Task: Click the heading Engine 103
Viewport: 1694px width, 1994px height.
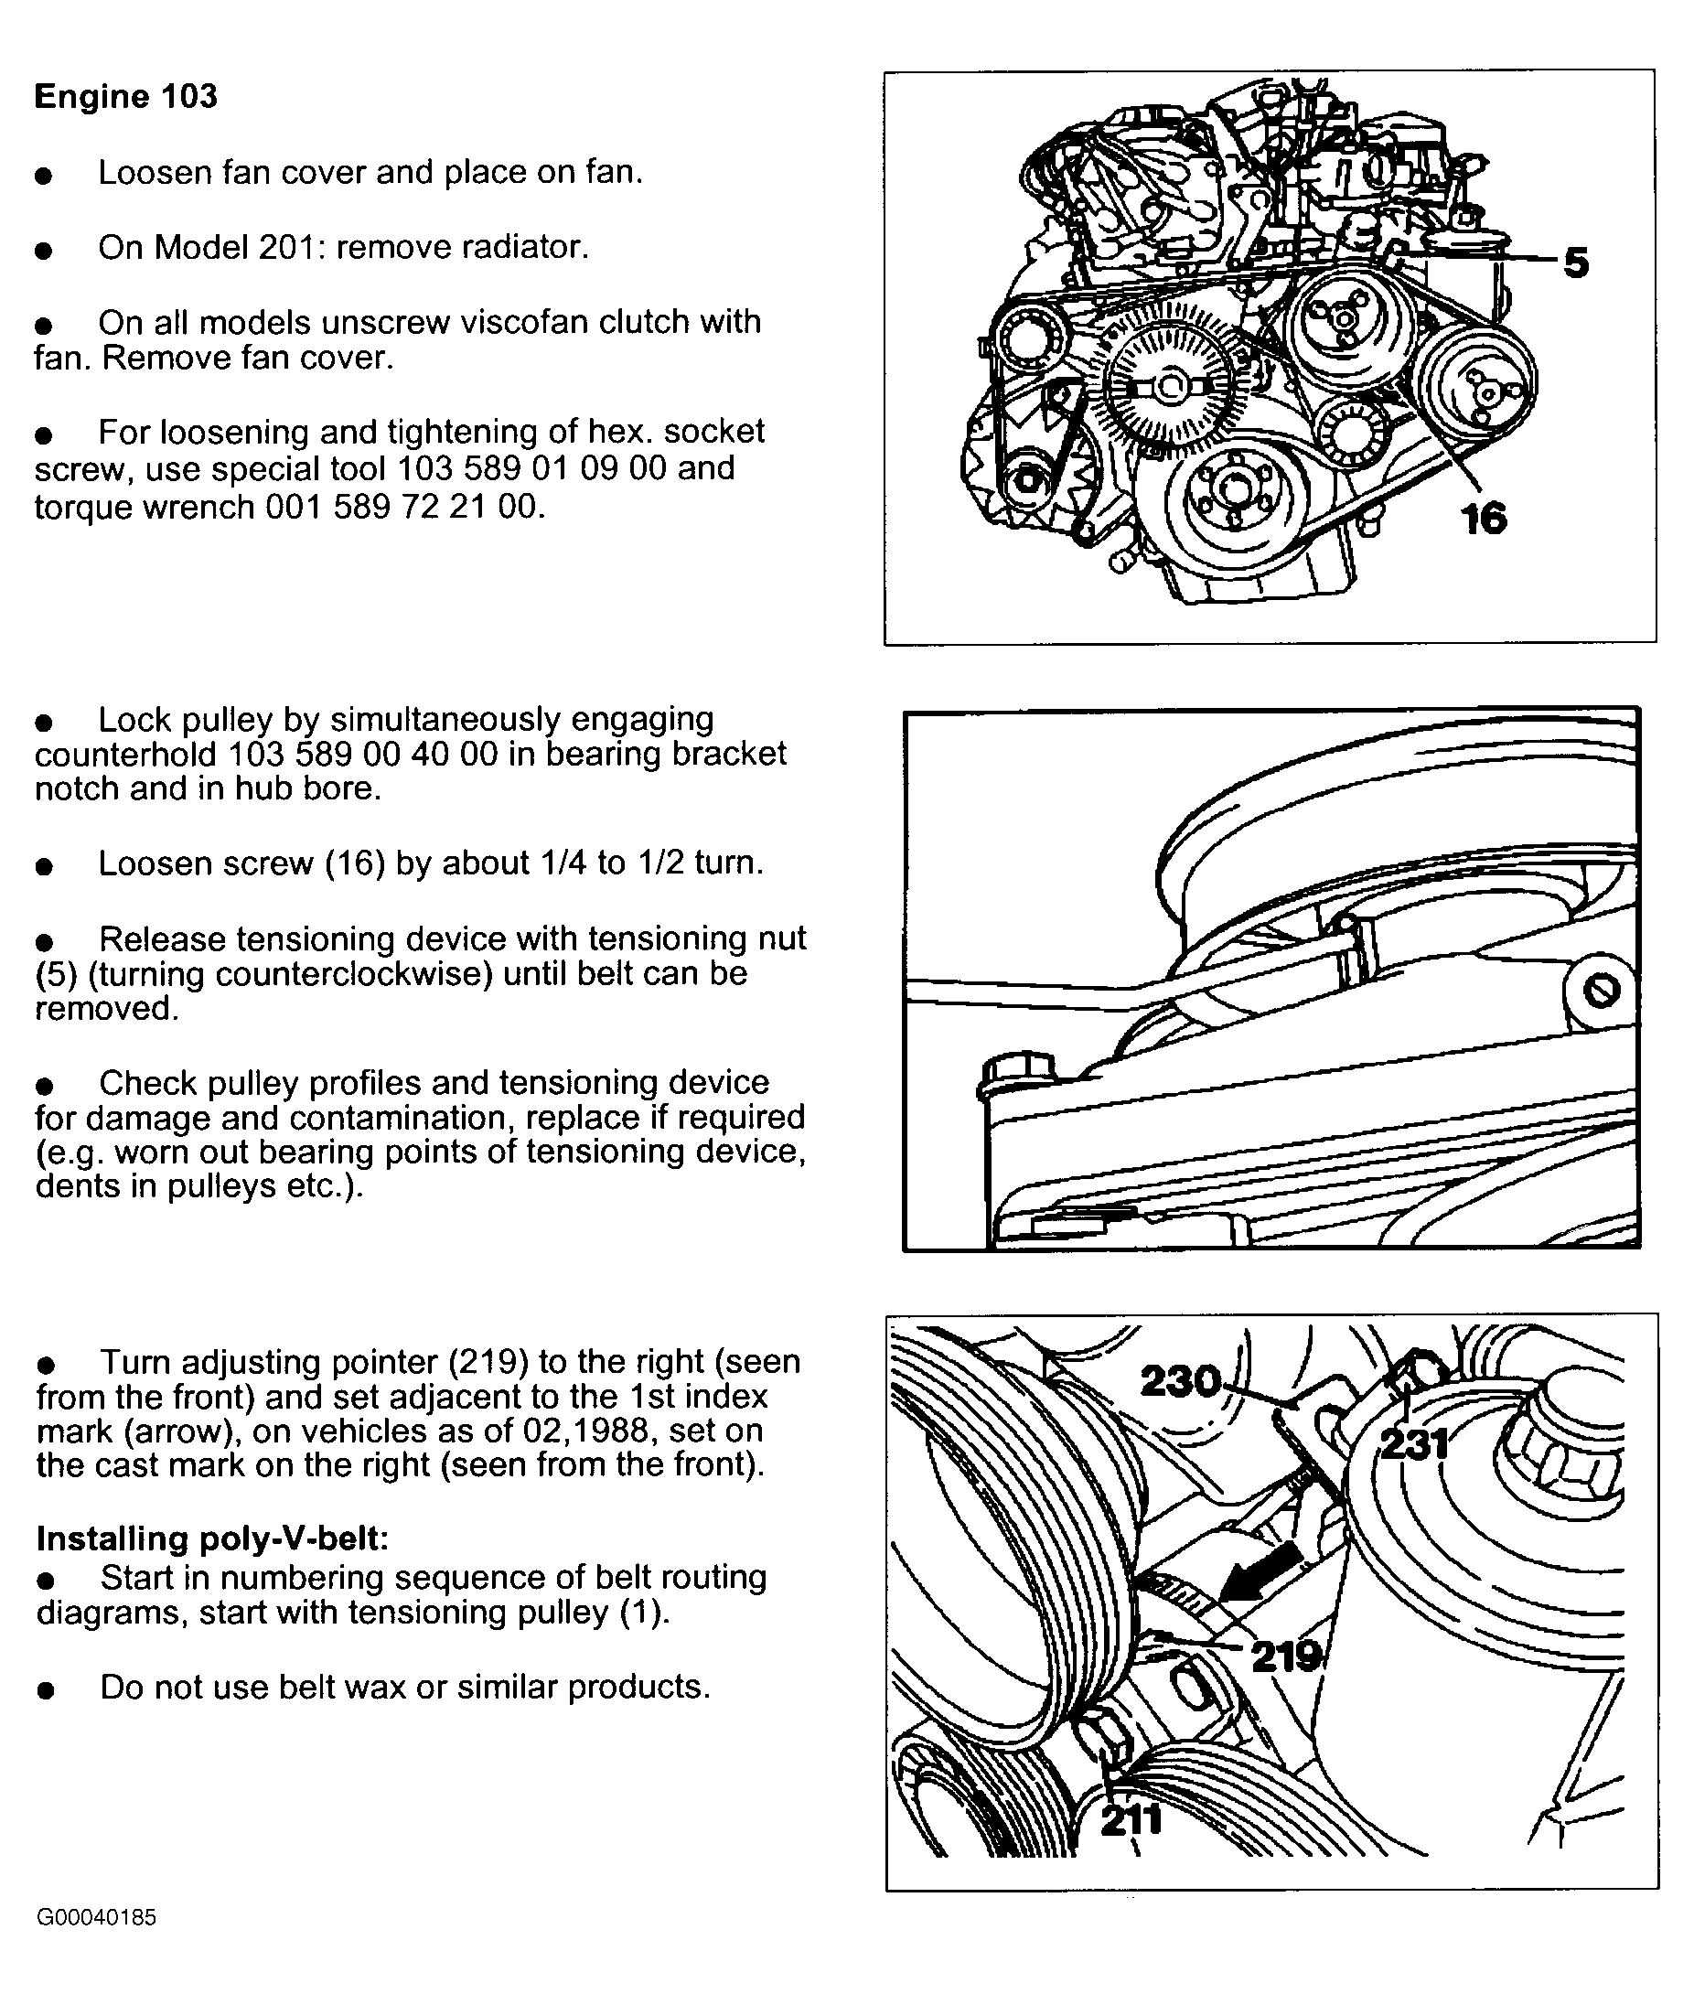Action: coord(126,97)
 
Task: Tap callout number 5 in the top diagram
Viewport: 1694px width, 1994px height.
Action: coord(1576,263)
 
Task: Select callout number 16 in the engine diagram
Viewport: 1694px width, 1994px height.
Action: coord(1484,520)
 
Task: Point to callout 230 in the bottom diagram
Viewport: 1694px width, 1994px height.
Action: coord(1180,1381)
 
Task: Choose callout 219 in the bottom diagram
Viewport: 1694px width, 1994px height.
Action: coord(1287,1656)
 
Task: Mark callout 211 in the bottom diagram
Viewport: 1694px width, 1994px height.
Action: coord(1131,1819)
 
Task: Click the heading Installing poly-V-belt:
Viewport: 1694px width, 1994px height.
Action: coord(212,1538)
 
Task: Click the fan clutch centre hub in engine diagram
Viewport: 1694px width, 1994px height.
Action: coord(1169,388)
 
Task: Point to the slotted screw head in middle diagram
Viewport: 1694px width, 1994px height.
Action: coord(1600,991)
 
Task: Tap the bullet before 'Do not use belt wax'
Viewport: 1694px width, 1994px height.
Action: coord(45,1690)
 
